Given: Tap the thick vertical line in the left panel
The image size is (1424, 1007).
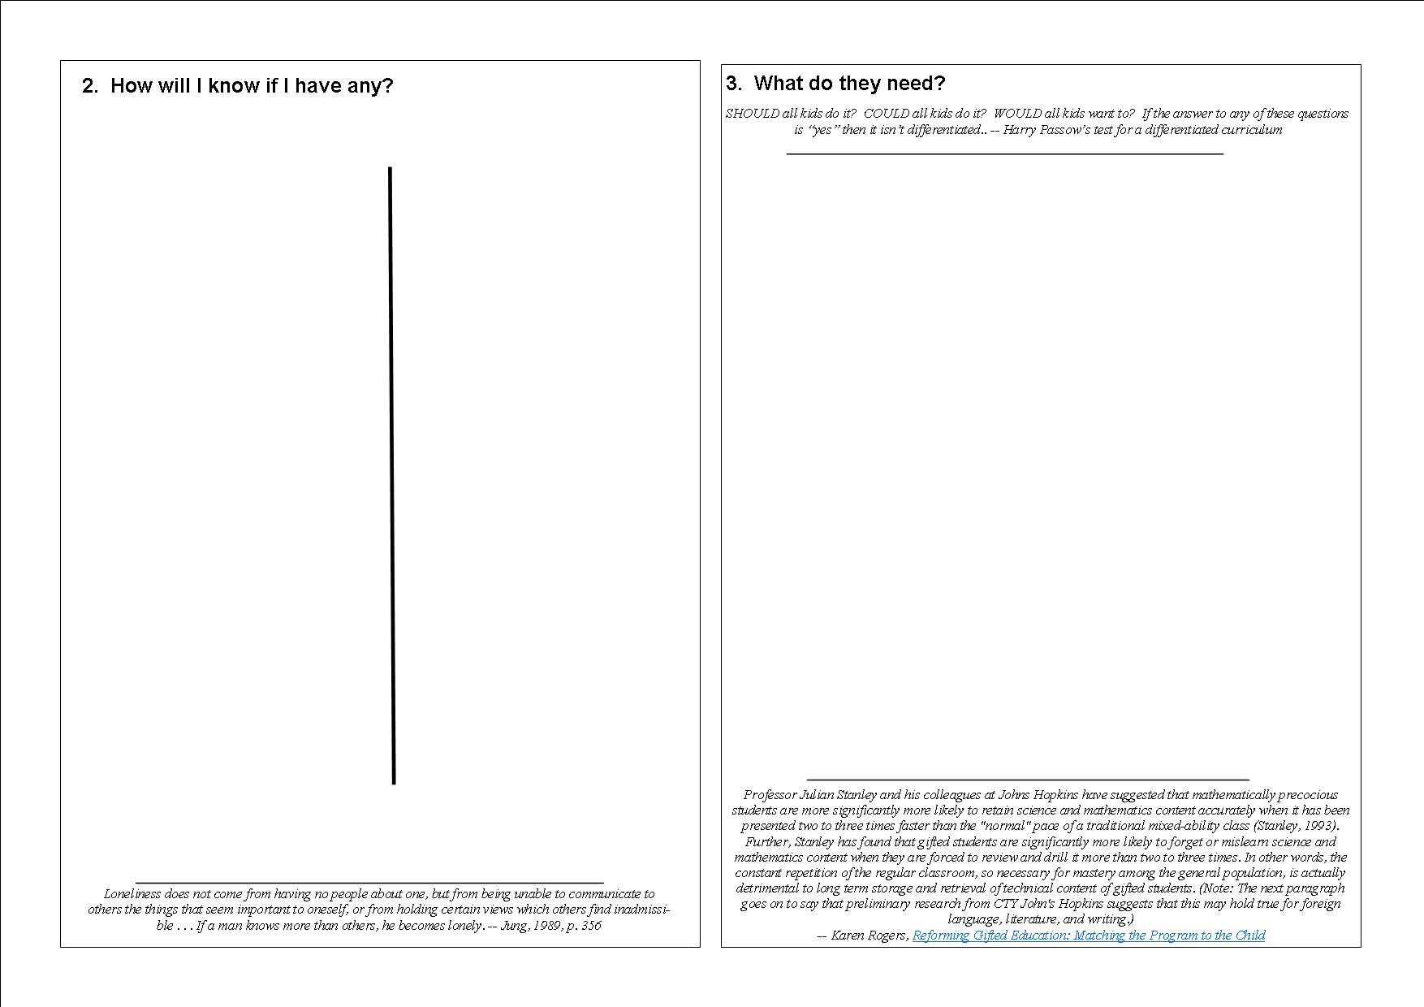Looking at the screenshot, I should [x=392, y=475].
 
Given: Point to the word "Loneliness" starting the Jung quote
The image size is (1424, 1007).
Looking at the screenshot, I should [x=133, y=894].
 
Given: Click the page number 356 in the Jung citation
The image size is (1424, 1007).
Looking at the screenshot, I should [x=591, y=926].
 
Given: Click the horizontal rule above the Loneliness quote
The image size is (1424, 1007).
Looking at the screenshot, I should [x=369, y=882].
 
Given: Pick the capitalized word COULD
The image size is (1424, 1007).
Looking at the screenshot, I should [x=887, y=114].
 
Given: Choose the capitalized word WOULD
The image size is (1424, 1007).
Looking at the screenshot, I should [x=1018, y=114].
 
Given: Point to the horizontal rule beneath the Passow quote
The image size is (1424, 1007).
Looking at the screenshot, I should [x=1004, y=153].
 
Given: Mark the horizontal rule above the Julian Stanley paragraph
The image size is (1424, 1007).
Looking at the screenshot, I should [x=1027, y=780].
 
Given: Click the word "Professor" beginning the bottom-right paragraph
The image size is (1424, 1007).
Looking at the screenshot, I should [x=770, y=795].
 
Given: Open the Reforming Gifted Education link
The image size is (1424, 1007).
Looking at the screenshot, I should [x=1088, y=936].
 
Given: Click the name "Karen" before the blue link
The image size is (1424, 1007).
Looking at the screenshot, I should [x=848, y=936].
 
